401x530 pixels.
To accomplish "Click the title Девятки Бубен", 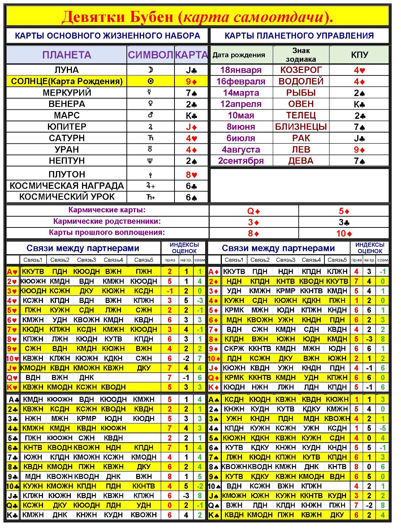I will click(119, 17).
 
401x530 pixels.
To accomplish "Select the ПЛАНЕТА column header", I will click(66, 55).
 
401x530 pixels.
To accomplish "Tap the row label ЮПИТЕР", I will click(66, 127).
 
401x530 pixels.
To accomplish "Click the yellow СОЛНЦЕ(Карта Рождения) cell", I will click(66, 81).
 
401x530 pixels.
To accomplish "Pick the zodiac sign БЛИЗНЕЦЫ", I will click(301, 127).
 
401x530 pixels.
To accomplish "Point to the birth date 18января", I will click(241, 70).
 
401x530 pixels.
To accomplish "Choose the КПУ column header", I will click(359, 55).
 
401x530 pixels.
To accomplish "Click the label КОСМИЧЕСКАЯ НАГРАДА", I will click(66, 186).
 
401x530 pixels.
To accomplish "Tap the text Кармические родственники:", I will click(107, 221).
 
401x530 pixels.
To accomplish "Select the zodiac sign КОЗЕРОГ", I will click(301, 70).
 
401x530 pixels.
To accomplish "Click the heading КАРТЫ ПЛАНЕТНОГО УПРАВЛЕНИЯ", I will click(299, 36).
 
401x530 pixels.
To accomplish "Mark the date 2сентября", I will click(241, 161).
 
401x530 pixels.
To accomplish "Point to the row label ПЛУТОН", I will click(66, 174).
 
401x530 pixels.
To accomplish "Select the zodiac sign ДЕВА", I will click(301, 161).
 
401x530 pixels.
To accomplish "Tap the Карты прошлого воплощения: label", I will click(107, 233).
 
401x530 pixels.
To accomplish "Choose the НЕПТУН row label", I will click(66, 161).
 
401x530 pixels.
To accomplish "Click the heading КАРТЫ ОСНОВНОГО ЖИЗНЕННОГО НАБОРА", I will click(107, 36).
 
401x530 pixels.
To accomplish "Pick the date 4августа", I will click(241, 149).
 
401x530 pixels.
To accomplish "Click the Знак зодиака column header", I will click(301, 55).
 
